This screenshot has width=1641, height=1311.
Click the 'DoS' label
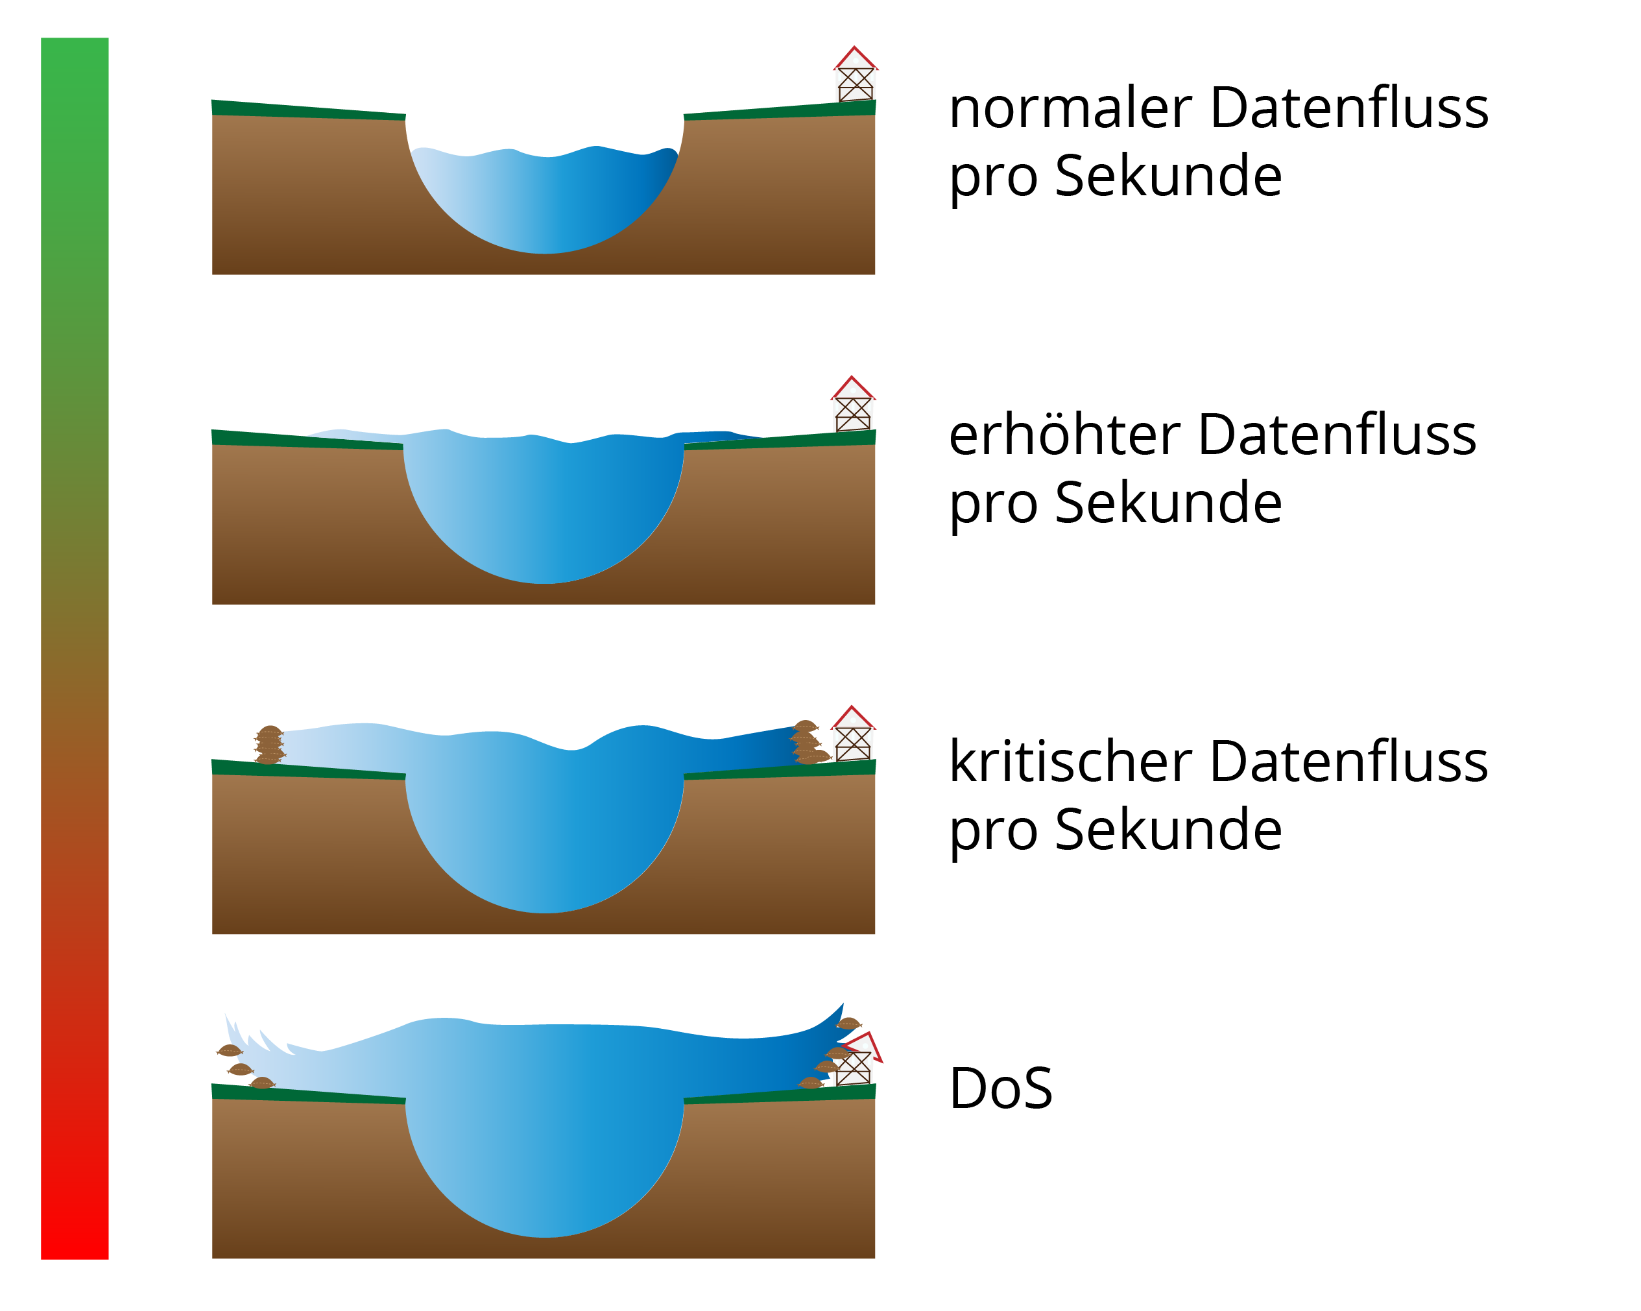[x=1000, y=1088]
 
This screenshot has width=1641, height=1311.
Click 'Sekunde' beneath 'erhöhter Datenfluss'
[x=1168, y=503]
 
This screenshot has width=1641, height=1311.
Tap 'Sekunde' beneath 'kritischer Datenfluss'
[x=1168, y=830]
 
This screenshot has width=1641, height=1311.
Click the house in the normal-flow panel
[x=855, y=76]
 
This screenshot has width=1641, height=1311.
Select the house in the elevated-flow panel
[x=852, y=406]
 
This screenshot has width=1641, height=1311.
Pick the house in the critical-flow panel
[x=852, y=736]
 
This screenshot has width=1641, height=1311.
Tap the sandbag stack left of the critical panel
[x=269, y=745]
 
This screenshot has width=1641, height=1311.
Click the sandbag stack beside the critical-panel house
[x=808, y=742]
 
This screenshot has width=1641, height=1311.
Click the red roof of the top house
[x=855, y=58]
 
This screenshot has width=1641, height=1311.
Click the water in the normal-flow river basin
[x=544, y=198]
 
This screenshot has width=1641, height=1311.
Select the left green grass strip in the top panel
[x=307, y=110]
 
